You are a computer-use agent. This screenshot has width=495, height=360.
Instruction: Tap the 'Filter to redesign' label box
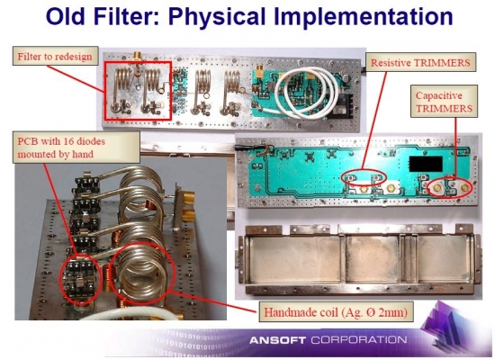[x=55, y=56]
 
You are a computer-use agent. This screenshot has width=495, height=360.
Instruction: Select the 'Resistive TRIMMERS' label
[x=420, y=62]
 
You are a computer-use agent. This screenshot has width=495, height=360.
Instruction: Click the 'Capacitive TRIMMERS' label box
[x=444, y=102]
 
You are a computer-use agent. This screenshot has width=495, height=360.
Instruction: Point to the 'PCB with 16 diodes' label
[x=76, y=148]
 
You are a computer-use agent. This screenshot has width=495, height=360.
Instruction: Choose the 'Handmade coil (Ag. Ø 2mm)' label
[x=336, y=312]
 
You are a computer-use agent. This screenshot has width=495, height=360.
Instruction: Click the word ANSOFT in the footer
[x=277, y=340]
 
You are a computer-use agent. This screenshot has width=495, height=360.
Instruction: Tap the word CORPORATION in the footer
[x=359, y=340]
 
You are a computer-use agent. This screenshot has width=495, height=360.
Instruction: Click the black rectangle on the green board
[x=426, y=164]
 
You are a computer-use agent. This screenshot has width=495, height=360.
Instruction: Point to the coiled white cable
[x=304, y=94]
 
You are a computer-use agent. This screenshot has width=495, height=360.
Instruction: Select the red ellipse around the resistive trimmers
[x=364, y=179]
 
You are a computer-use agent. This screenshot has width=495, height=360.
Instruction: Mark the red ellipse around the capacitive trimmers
[x=450, y=187]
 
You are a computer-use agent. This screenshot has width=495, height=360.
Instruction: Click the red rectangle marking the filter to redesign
[x=105, y=91]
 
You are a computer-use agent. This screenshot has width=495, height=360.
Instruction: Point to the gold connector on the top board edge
[x=137, y=56]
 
